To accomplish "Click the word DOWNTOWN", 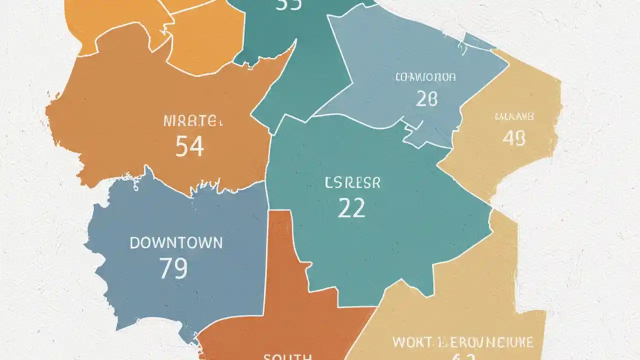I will [176, 243].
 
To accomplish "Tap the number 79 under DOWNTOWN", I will [173, 268].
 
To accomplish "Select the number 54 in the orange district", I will [189, 147].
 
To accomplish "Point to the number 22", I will [351, 207].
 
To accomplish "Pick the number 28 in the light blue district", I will [426, 99].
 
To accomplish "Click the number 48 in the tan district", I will [513, 138].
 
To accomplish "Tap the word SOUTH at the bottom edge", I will [287, 356].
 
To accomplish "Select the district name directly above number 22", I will [352, 183].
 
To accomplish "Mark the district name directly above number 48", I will [514, 117].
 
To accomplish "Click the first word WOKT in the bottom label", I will [411, 342].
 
